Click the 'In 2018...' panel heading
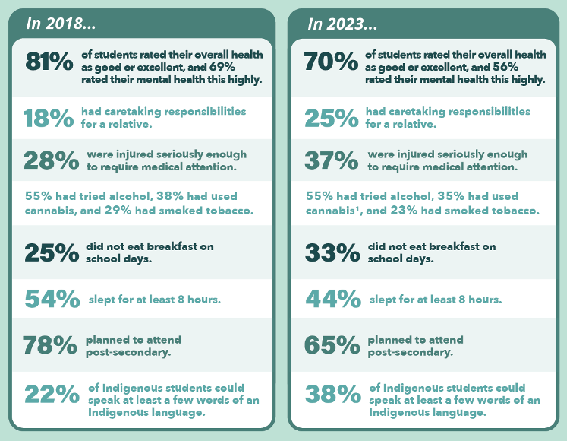(61, 24)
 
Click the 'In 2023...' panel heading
(342, 24)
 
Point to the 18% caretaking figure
(49, 119)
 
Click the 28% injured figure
(51, 161)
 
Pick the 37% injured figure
(332, 161)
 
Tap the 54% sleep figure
(52, 300)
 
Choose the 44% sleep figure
(332, 300)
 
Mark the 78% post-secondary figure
(51, 344)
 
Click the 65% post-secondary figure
(332, 344)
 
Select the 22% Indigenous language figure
(52, 394)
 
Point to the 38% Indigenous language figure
(332, 394)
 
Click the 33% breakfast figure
(332, 252)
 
